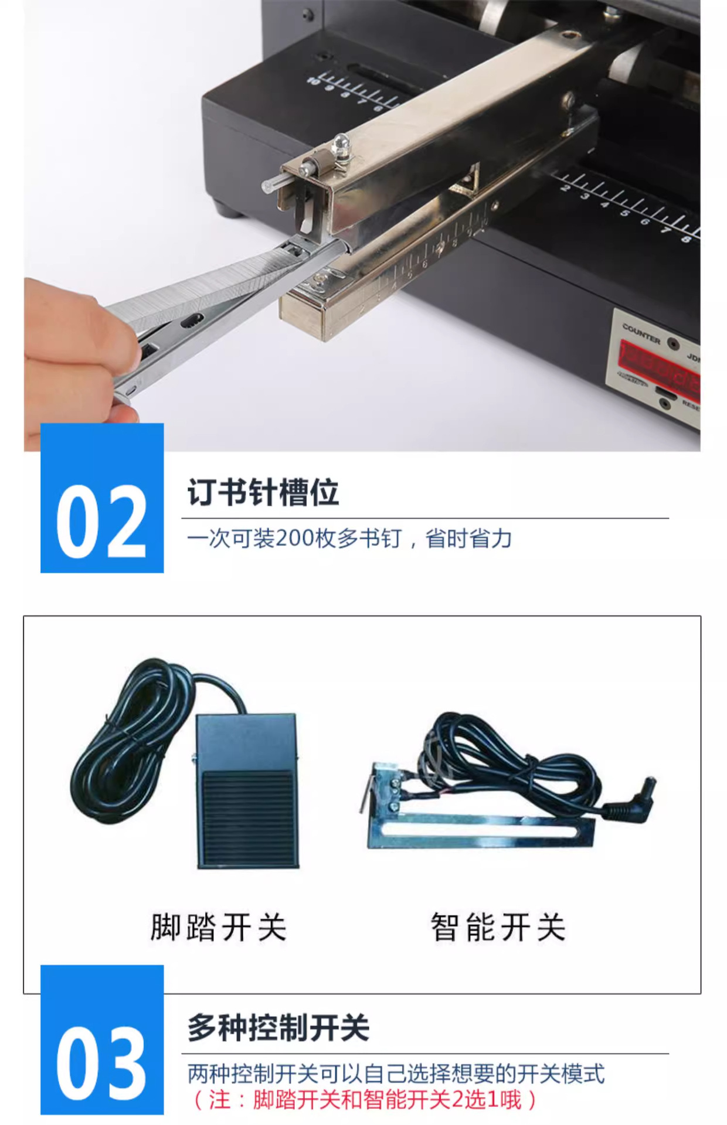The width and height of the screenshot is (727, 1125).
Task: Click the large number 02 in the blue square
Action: tap(101, 521)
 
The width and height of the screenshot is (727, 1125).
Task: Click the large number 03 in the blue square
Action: tap(101, 1063)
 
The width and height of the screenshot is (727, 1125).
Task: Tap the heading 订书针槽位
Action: tap(263, 492)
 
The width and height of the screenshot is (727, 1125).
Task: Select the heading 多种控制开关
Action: tap(278, 1028)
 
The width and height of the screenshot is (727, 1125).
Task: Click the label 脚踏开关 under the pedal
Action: tap(218, 927)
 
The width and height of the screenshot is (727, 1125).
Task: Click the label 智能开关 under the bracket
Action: tap(498, 927)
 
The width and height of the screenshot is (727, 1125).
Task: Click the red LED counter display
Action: tap(660, 363)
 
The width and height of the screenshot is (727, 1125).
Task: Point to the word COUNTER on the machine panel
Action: tap(641, 333)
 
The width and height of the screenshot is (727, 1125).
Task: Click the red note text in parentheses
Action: tap(363, 1099)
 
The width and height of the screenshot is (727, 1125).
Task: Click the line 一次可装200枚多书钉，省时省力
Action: tap(349, 538)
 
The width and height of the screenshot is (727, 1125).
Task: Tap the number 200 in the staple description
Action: tap(294, 538)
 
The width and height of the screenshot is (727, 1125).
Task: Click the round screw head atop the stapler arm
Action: tap(340, 141)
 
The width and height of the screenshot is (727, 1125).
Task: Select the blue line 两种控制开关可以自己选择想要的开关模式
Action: tap(396, 1073)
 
